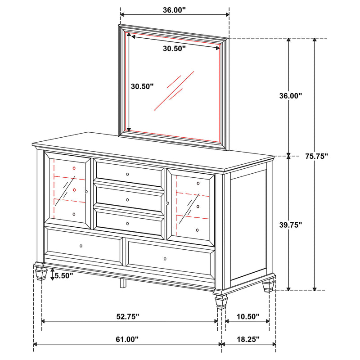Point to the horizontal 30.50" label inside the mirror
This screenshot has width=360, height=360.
(174, 49)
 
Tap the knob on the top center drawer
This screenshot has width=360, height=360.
(127, 174)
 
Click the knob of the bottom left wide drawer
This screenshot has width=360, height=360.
(81, 246)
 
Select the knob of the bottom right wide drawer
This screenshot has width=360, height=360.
(165, 259)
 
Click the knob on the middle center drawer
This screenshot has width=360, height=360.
(127, 199)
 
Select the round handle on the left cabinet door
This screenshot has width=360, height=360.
(86, 191)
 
